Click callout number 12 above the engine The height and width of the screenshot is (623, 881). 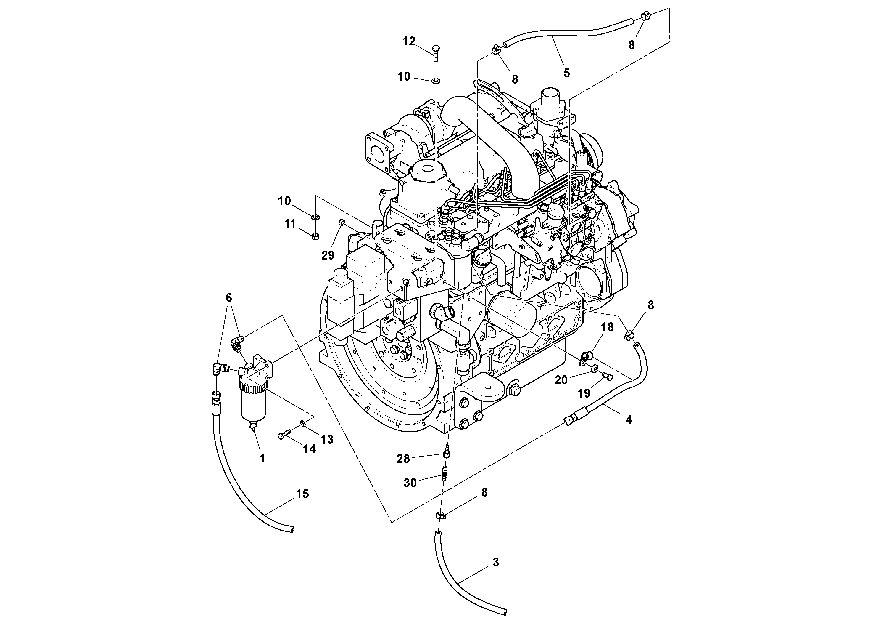tap(409, 41)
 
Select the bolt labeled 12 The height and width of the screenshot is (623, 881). tap(436, 53)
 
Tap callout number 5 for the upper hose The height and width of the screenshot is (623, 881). tap(566, 73)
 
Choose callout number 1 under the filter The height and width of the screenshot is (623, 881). tap(262, 458)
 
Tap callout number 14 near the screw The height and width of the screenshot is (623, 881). tap(309, 449)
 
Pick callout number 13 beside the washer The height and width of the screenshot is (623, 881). tap(327, 439)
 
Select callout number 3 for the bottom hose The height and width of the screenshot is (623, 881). tap(496, 562)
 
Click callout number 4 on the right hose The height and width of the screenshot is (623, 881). tap(629, 419)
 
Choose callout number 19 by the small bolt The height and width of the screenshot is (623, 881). tap(584, 393)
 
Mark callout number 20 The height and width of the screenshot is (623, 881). tap(561, 380)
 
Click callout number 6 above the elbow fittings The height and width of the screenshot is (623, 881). tap(229, 297)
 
